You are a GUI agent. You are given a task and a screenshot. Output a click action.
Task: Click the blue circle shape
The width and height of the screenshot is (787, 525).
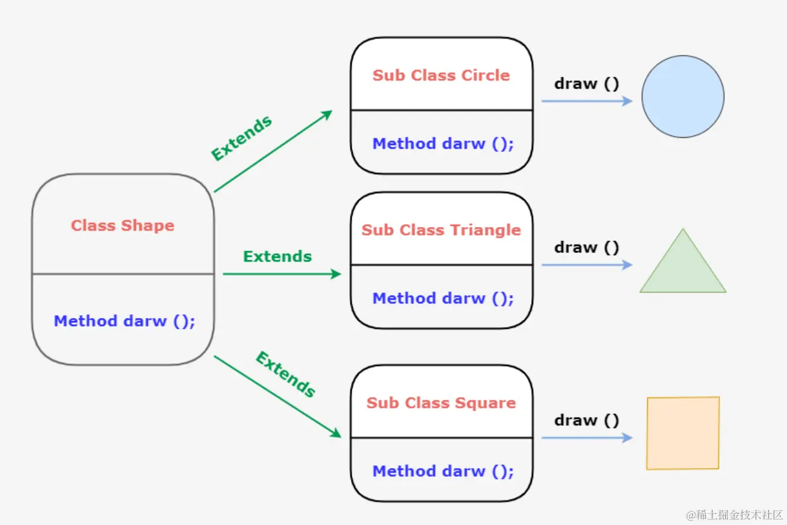[683, 97]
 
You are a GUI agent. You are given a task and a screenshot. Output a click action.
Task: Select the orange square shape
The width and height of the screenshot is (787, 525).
[683, 433]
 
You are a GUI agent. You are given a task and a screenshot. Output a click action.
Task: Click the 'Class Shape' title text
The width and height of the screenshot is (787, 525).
[123, 226]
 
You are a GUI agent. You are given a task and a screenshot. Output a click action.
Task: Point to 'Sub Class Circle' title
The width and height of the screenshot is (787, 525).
[441, 75]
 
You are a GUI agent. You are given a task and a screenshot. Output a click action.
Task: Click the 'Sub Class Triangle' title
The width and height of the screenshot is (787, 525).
[441, 230]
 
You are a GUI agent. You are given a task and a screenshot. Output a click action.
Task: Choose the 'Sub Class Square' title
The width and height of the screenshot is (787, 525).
[441, 403]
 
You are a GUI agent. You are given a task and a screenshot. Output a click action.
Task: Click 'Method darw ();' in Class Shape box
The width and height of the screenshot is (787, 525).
[124, 321]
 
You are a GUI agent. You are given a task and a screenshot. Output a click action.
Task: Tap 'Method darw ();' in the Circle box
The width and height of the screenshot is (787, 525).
[443, 144]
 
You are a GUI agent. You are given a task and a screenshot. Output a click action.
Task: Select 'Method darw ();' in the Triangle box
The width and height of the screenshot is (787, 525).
[443, 299]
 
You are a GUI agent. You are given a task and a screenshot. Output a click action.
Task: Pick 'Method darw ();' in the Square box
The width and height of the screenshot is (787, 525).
[443, 472]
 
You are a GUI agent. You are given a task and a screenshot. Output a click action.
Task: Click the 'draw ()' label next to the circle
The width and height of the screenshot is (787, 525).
[587, 84]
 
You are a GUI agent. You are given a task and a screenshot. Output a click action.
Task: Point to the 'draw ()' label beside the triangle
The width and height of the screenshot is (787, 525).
[587, 248]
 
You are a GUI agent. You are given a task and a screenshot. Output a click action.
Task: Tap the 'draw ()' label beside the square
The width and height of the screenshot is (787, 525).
[587, 421]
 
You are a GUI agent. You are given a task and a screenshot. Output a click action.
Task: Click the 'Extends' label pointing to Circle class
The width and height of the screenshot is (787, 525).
[242, 138]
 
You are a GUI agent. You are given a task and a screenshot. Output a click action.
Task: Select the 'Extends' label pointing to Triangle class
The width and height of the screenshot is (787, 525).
[278, 257]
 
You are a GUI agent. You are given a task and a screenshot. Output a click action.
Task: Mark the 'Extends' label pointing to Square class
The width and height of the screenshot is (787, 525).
[285, 374]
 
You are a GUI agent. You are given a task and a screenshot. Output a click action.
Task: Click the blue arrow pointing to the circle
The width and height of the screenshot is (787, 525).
[587, 101]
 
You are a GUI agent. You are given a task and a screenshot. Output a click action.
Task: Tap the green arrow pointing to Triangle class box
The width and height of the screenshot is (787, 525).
[282, 274]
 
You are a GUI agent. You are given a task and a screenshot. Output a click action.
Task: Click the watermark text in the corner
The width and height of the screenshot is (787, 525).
[735, 515]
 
